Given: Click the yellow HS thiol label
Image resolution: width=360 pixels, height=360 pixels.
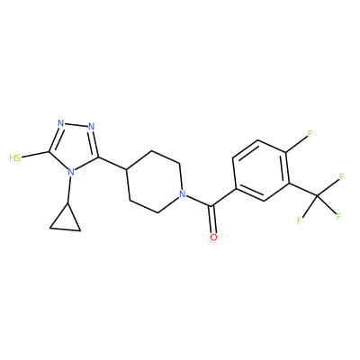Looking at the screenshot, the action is (x=15, y=157).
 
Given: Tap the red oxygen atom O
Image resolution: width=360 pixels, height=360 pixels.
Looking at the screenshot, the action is (x=213, y=238).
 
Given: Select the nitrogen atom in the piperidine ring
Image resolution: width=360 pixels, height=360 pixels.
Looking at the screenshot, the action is (x=182, y=194).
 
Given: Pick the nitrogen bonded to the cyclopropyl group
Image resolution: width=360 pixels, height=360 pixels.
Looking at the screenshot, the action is (x=71, y=173).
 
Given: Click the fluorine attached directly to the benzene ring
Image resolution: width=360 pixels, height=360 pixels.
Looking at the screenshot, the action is (x=310, y=134).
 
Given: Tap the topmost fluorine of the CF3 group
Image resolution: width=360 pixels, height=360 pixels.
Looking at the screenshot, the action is (x=341, y=177).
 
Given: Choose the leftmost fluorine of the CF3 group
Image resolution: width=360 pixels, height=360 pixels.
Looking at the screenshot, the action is (x=300, y=220).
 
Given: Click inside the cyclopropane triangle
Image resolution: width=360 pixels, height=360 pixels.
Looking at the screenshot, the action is (x=66, y=222).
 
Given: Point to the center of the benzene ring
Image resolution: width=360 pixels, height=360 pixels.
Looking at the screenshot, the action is (x=261, y=170).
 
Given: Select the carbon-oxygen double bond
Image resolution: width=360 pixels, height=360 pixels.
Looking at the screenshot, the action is (x=212, y=220).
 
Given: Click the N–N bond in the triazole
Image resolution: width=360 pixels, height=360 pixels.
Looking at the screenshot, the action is (x=76, y=125).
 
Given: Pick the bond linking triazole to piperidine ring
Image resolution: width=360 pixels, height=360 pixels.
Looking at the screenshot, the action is (x=112, y=164).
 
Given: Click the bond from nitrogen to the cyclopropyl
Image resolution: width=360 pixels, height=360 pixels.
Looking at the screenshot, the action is (x=69, y=191).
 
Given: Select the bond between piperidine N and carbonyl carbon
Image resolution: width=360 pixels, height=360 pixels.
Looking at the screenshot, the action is (x=198, y=201).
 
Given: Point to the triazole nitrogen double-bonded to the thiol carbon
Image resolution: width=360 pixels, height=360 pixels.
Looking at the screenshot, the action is (x=61, y=123).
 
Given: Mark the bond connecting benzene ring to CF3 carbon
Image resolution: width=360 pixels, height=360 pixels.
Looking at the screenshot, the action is (x=303, y=190).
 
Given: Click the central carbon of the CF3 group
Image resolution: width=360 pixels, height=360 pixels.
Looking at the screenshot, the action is (x=318, y=196).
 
